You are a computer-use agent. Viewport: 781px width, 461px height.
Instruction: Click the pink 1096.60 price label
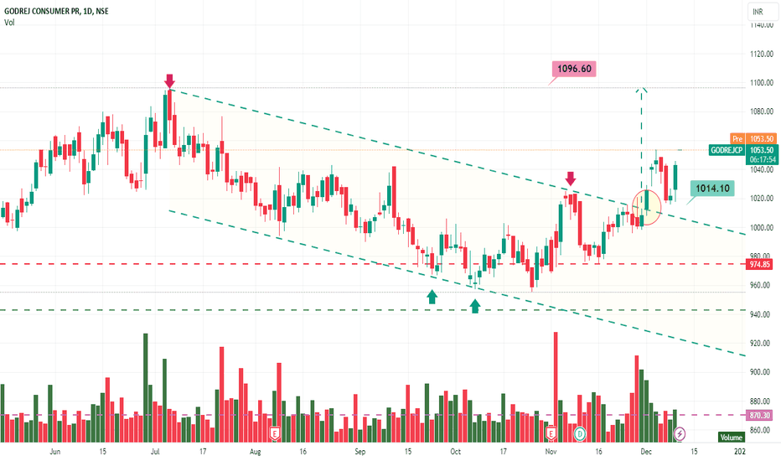pyautogui.click(x=573, y=69)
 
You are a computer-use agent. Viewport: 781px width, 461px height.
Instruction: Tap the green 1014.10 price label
pyautogui.click(x=711, y=189)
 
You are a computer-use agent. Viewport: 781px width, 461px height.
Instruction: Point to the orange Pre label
pyautogui.click(x=737, y=139)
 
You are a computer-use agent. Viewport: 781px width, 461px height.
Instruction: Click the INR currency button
pyautogui.click(x=759, y=12)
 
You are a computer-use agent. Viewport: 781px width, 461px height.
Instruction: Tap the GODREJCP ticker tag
pyautogui.click(x=725, y=149)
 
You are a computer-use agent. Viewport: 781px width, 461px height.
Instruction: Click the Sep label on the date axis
pyautogui.click(x=360, y=452)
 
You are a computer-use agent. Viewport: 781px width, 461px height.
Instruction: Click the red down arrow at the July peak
pyautogui.click(x=169, y=80)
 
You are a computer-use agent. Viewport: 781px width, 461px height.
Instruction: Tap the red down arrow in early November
pyautogui.click(x=571, y=178)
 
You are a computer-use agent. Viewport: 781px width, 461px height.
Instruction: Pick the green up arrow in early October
pyautogui.click(x=475, y=306)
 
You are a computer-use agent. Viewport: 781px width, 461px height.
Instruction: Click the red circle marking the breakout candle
pyautogui.click(x=646, y=206)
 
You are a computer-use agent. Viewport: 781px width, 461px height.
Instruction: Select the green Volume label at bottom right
pyautogui.click(x=731, y=437)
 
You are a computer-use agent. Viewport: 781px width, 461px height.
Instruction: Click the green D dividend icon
pyautogui.click(x=581, y=433)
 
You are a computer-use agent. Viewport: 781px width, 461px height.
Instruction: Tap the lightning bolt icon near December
pyautogui.click(x=680, y=433)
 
